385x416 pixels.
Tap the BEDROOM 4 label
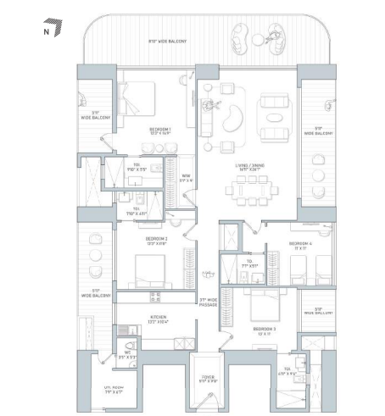tap(297, 246)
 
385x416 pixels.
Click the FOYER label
tap(208, 379)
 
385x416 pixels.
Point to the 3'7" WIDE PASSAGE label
tap(209, 302)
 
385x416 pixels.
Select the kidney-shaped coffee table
tap(228, 120)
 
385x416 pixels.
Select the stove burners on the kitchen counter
tap(155, 297)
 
